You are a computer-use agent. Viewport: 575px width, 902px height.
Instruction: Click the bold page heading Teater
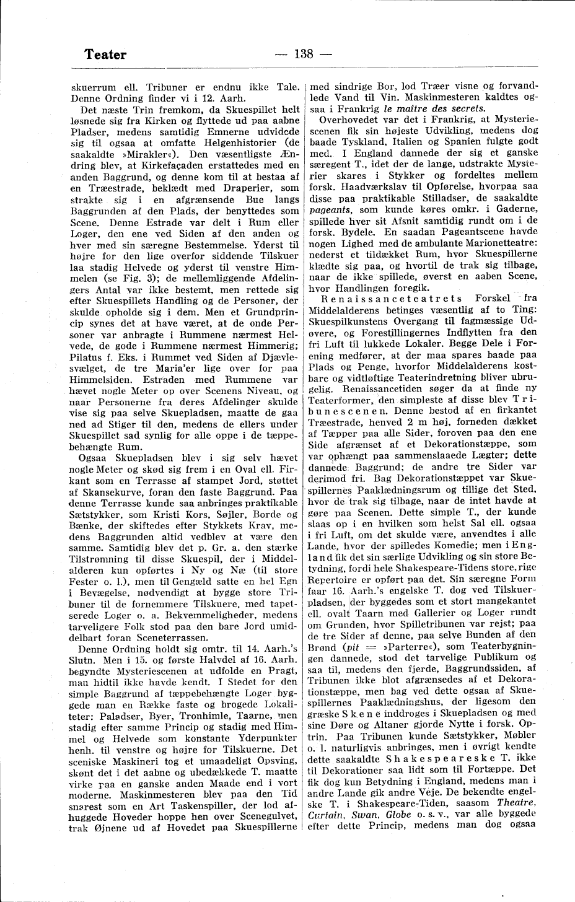[x=105, y=55]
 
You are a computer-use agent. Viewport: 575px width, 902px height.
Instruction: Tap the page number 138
[x=304, y=54]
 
